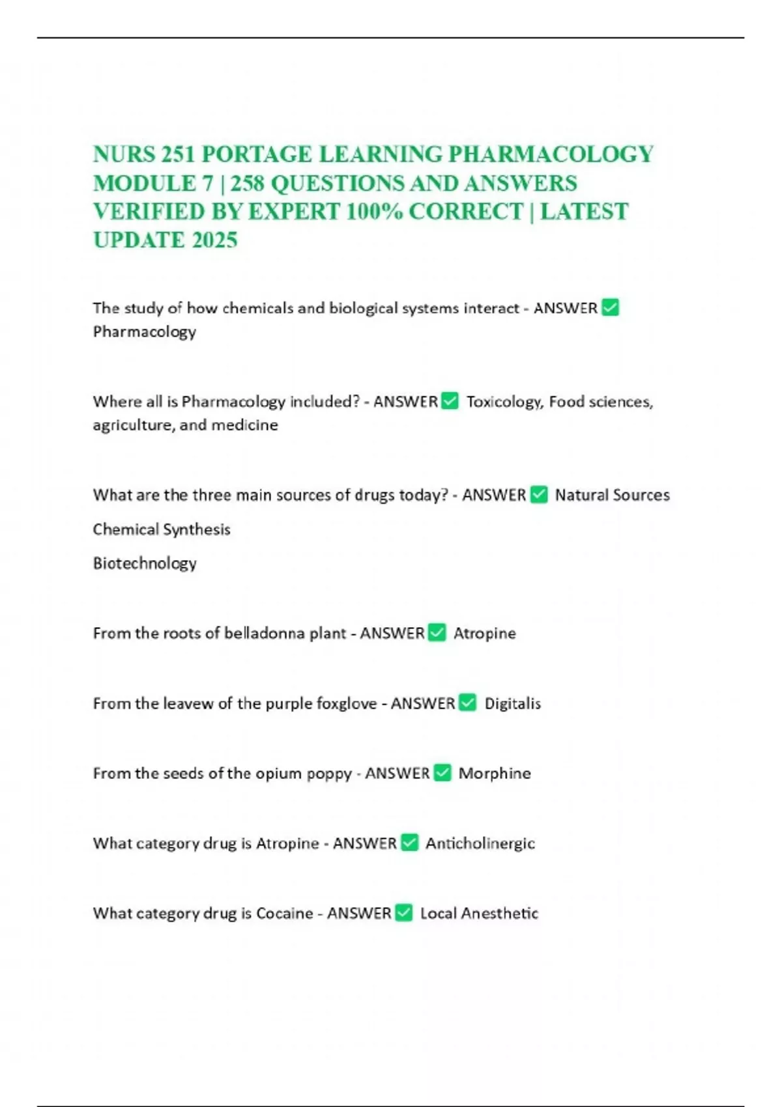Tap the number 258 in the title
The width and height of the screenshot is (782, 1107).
pyautogui.click(x=247, y=183)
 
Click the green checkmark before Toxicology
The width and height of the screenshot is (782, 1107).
pyautogui.click(x=450, y=401)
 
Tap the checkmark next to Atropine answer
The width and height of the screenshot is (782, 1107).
pyautogui.click(x=437, y=633)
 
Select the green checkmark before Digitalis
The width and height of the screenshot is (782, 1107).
pyautogui.click(x=468, y=703)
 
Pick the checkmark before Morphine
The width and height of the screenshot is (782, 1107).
pyautogui.click(x=442, y=773)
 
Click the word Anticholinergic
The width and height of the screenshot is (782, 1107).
pyautogui.click(x=480, y=843)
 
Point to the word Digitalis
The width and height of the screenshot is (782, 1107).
pyautogui.click(x=513, y=703)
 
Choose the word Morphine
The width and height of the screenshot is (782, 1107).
pyautogui.click(x=495, y=773)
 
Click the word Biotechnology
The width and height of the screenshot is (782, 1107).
pyautogui.click(x=145, y=563)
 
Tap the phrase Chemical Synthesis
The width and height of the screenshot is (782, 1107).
pyautogui.click(x=162, y=529)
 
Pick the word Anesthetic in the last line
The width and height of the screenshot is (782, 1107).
pyautogui.click(x=500, y=913)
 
